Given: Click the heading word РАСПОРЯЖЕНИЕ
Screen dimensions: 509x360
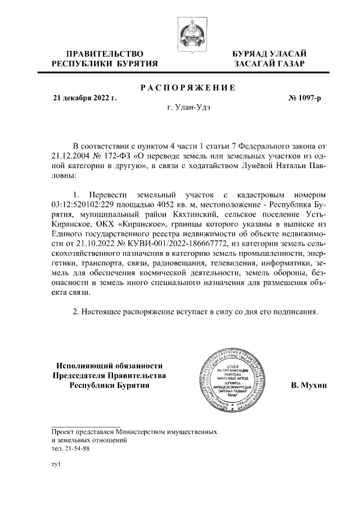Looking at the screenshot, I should tap(187, 87).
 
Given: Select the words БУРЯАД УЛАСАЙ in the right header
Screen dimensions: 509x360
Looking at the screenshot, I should tap(269, 53).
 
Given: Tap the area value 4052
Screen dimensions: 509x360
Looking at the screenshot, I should tap(174, 205).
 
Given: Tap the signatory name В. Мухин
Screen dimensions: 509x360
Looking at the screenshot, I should tap(309, 385).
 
